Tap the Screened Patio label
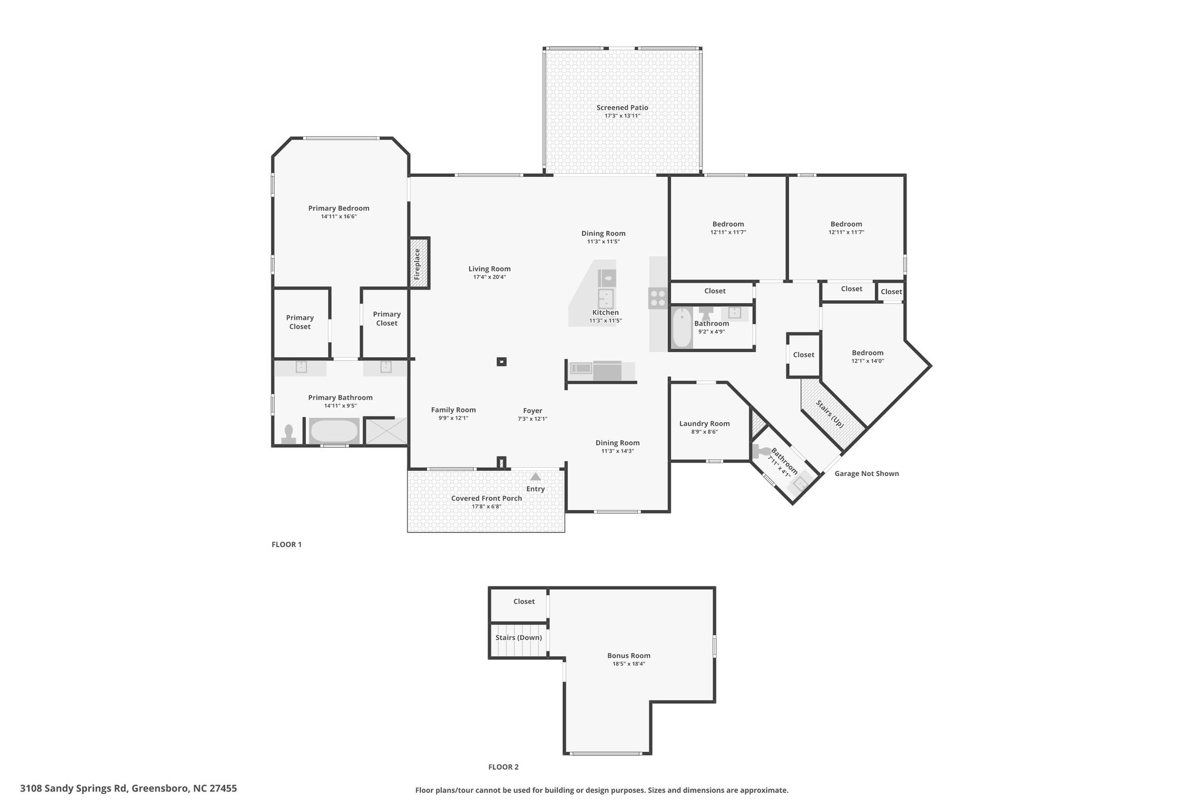pyautogui.click(x=622, y=108)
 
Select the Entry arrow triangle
pyautogui.click(x=536, y=476)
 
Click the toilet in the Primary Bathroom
pyautogui.click(x=288, y=433)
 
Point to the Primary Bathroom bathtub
pyautogui.click(x=334, y=431)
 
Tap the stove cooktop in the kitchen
pyautogui.click(x=657, y=298)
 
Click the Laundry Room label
pyautogui.click(x=704, y=424)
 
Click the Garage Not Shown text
pyautogui.click(x=867, y=474)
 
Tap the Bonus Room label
pyautogui.click(x=628, y=656)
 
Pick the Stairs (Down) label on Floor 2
pyautogui.click(x=519, y=637)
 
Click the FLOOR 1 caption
pyautogui.click(x=286, y=545)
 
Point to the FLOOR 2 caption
pyautogui.click(x=503, y=767)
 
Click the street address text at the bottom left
pyautogui.click(x=129, y=788)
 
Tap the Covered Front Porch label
pyautogui.click(x=486, y=498)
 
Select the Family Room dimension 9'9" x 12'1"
pyautogui.click(x=453, y=418)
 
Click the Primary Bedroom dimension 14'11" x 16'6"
pyautogui.click(x=339, y=216)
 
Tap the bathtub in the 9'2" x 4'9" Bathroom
pyautogui.click(x=682, y=327)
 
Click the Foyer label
pyautogui.click(x=533, y=411)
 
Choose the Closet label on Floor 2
pyautogui.click(x=524, y=601)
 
